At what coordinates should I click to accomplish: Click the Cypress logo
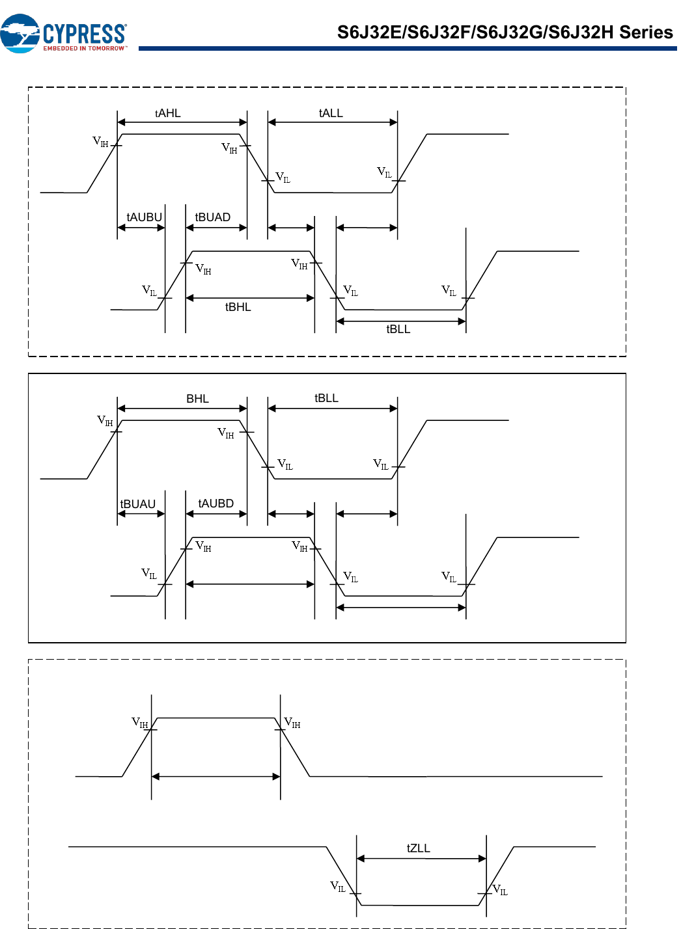coord(63,34)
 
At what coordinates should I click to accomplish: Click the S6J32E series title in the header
coord(505,33)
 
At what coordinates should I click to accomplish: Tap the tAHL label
coord(168,113)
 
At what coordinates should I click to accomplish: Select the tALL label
coord(331,113)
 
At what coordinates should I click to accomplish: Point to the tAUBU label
coord(144,217)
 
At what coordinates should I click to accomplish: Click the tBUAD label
coord(213,217)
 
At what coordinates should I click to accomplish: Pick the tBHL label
coord(238,307)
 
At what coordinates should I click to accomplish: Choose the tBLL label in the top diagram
coord(398,329)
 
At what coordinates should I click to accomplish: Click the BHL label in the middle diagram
coord(197,399)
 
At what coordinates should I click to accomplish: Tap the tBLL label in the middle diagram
coord(326,398)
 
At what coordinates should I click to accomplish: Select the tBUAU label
coord(138,504)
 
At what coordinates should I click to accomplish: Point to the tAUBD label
coord(216,504)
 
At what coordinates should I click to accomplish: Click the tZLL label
coord(419,848)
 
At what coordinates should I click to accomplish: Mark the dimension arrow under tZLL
coord(421,859)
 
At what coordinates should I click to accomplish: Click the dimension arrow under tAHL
coord(182,122)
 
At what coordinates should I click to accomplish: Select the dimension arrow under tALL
coord(333,122)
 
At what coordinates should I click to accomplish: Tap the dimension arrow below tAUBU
coord(141,228)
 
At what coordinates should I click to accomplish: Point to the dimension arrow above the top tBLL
coord(401,321)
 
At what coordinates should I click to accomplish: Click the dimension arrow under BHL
coord(182,409)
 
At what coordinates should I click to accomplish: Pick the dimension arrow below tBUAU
coord(141,514)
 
